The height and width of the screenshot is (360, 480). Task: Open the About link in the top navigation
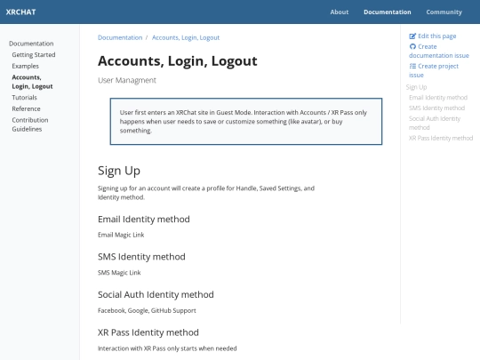tap(340, 12)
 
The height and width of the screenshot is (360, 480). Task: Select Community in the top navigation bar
tap(444, 12)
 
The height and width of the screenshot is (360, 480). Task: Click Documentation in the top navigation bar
tap(388, 12)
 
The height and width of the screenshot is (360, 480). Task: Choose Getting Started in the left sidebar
tap(34, 55)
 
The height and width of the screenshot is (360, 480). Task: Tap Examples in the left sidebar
tap(26, 66)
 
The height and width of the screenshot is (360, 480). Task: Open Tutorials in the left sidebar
tap(25, 98)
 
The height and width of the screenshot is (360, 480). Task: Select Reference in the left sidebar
tap(26, 108)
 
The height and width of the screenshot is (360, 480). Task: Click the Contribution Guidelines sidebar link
tap(30, 124)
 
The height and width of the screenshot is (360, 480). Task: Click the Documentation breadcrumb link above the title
tap(120, 38)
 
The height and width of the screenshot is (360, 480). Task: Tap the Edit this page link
tap(436, 36)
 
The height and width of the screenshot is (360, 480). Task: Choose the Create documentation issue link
tap(433, 51)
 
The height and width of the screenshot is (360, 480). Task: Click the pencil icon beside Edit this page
tap(412, 36)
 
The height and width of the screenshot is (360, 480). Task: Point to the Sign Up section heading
tap(119, 171)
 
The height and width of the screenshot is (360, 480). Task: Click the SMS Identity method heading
tap(142, 256)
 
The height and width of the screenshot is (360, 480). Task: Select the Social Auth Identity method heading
tap(156, 294)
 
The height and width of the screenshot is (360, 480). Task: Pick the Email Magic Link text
tap(121, 235)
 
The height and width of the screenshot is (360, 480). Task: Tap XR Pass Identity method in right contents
tap(441, 138)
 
